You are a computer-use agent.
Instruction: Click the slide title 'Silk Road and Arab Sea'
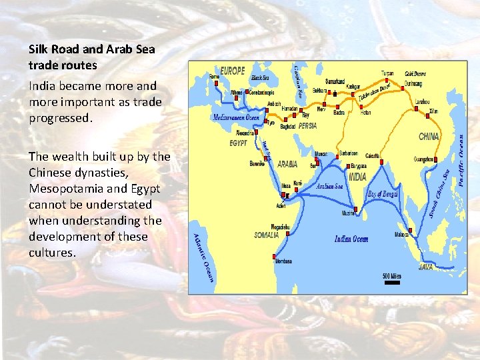(91, 49)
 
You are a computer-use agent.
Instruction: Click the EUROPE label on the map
(231, 71)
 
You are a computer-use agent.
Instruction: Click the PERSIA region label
(307, 126)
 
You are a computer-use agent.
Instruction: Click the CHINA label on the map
(429, 137)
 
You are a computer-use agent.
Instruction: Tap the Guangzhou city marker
(435, 159)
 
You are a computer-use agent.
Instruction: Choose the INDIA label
(357, 177)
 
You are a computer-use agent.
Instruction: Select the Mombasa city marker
(274, 255)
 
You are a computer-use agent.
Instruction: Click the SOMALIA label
(267, 235)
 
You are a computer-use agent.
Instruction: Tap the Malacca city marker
(410, 230)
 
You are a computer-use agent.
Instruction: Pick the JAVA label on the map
(425, 267)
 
